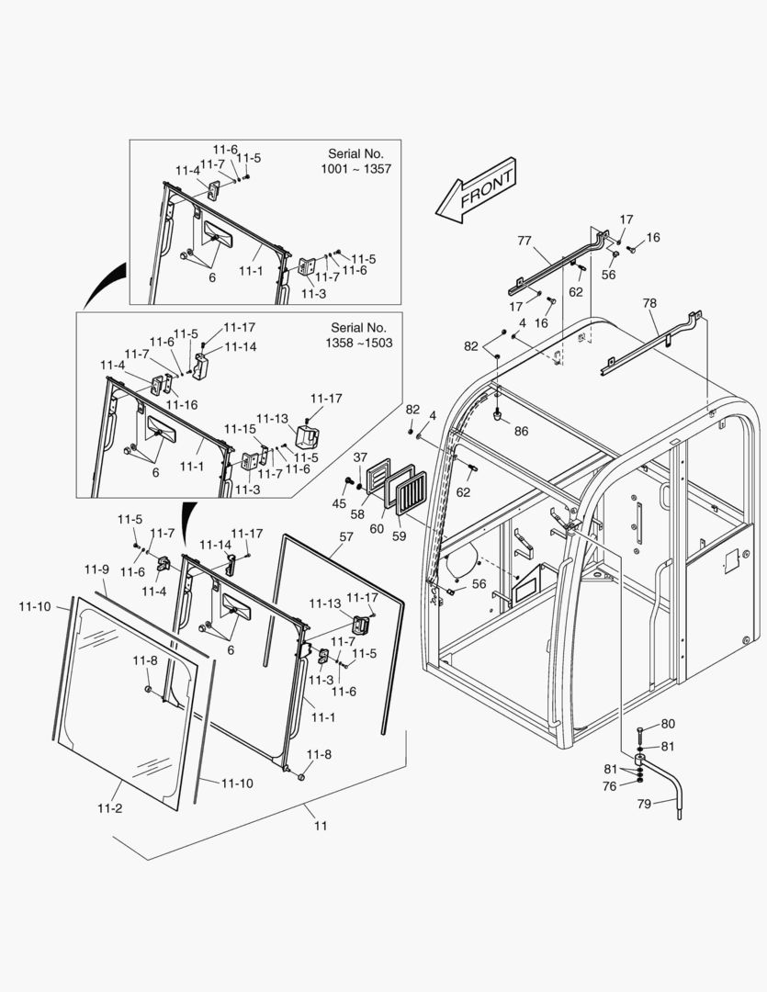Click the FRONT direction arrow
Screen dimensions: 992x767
coord(477,192)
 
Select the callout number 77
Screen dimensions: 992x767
coord(524,242)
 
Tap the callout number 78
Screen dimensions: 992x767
coord(649,303)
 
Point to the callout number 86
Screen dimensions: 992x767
coord(521,430)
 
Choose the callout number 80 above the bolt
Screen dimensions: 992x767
coord(668,724)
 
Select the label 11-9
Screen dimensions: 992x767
coord(98,569)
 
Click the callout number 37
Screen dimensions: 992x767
coord(360,457)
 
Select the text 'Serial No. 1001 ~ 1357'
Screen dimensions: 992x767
coord(355,162)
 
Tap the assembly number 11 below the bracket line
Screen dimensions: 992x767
coord(320,826)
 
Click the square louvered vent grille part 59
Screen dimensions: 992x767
coord(414,491)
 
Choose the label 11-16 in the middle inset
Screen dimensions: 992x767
coord(181,404)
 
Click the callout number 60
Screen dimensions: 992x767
coord(376,528)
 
